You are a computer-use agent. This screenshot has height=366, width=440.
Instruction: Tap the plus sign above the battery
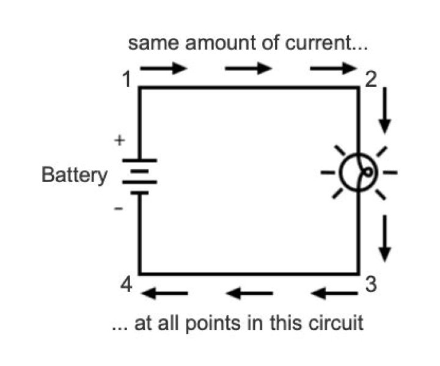coord(120,141)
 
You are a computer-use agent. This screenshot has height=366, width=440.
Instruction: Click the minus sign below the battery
coord(119,210)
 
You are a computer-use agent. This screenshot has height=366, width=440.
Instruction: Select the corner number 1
coord(126,79)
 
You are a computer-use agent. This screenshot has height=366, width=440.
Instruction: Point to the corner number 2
coord(370,79)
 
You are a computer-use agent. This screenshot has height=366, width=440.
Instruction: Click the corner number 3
coord(369,285)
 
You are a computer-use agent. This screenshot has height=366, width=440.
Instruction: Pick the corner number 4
coord(127,285)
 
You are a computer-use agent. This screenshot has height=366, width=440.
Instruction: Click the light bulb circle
coord(358,172)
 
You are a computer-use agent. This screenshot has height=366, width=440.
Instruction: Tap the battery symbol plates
coord(140,176)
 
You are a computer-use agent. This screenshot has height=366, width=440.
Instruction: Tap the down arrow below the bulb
coord(384,236)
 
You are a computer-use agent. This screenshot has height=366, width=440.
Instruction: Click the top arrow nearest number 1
coord(164,68)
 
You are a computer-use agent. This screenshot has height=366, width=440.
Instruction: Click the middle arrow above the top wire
coord(248,68)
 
